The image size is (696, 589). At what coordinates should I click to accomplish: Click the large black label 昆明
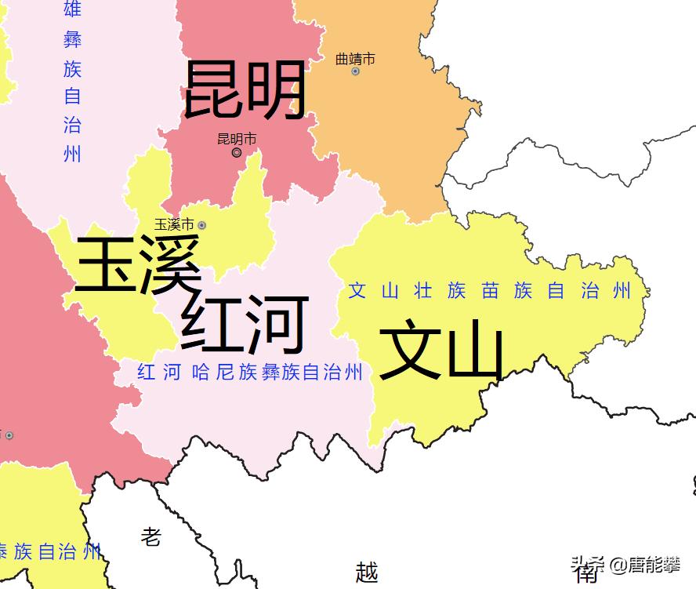pyautogui.click(x=245, y=91)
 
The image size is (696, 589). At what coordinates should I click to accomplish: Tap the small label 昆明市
pyautogui.click(x=237, y=139)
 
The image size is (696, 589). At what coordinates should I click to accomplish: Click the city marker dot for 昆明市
pyautogui.click(x=237, y=153)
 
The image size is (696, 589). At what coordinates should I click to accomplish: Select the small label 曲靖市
pyautogui.click(x=355, y=59)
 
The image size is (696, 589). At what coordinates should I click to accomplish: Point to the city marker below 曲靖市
pyautogui.click(x=355, y=71)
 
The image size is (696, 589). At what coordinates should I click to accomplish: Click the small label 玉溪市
pyautogui.click(x=174, y=224)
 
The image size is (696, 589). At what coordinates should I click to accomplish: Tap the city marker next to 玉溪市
pyautogui.click(x=202, y=225)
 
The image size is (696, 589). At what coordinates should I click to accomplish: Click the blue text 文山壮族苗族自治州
pyautogui.click(x=489, y=292)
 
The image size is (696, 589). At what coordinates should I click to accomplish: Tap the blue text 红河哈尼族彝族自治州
pyautogui.click(x=250, y=373)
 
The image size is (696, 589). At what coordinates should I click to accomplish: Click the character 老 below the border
pyautogui.click(x=151, y=536)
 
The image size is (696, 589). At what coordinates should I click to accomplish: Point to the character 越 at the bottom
pyautogui.click(x=367, y=572)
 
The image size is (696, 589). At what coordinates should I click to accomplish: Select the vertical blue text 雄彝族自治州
pyautogui.click(x=72, y=82)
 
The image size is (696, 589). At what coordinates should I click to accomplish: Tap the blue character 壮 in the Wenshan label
pyautogui.click(x=423, y=292)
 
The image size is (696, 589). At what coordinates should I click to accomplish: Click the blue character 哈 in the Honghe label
pyautogui.click(x=199, y=373)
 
